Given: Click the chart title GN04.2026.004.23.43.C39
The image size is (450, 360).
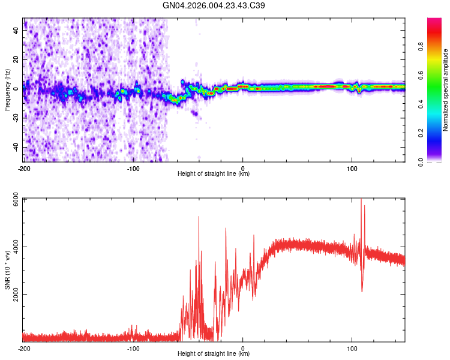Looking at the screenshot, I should pos(214,5).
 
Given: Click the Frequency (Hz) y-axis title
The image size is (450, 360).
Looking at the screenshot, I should pos(8,90).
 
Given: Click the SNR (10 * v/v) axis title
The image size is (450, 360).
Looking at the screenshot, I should pos(8,270).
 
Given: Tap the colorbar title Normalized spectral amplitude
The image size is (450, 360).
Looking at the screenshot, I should pos(446,90).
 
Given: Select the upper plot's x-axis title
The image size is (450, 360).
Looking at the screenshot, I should pos(214,174).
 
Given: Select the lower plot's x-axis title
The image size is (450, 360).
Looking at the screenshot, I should pos(214,354).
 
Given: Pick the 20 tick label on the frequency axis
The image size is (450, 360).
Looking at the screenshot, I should pos(16,59).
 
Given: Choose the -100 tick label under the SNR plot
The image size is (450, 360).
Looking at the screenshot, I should pos(133,347).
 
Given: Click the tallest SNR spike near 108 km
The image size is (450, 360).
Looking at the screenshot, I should pos(361,200).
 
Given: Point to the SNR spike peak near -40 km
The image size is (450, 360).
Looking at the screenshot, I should pos(199,217).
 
